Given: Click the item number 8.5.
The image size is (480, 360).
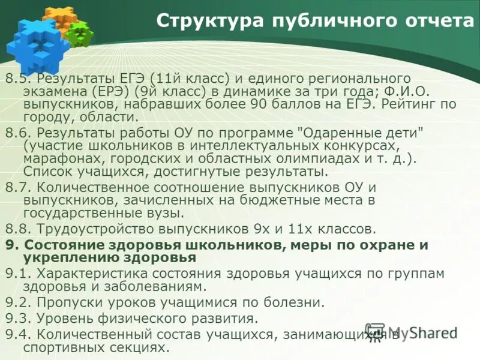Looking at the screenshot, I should pos(17,78).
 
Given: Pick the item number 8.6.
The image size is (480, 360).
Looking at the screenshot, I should pos(17,133).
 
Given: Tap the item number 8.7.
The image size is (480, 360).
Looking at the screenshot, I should pos(17,187).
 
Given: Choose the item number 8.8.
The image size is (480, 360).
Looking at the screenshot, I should pos(17,228).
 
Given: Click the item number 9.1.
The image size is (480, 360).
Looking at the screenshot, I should pos(17,274).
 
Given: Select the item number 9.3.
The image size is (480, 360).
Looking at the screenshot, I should pos(17,318).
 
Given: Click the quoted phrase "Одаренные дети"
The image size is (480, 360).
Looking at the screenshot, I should pos(361,133).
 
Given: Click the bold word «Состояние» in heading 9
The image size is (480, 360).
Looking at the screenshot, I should pos(62,245).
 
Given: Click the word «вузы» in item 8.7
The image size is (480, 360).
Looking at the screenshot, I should pos(165,212).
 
